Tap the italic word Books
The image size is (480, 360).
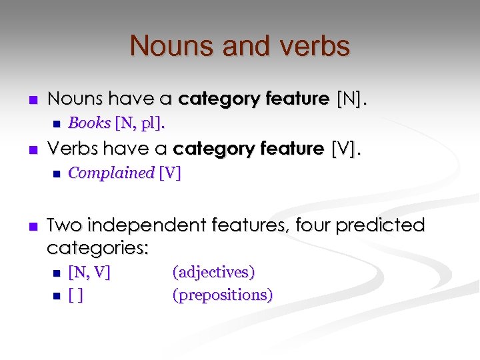pos(89,123)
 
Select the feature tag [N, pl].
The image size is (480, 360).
pos(141,123)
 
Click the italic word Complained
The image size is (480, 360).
pos(111,173)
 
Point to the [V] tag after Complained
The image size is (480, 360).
pos(169,173)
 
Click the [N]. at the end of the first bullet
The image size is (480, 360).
pos(352,99)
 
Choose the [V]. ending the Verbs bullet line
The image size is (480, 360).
pos(346,148)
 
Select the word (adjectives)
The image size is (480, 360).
pos(213,272)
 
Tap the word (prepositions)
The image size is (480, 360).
pos(223,295)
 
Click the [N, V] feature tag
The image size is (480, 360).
pos(89,272)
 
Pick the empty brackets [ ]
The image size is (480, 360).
pos(75,295)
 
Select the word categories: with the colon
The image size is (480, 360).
pos(98,249)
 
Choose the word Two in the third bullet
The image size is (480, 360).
pos(64,225)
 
